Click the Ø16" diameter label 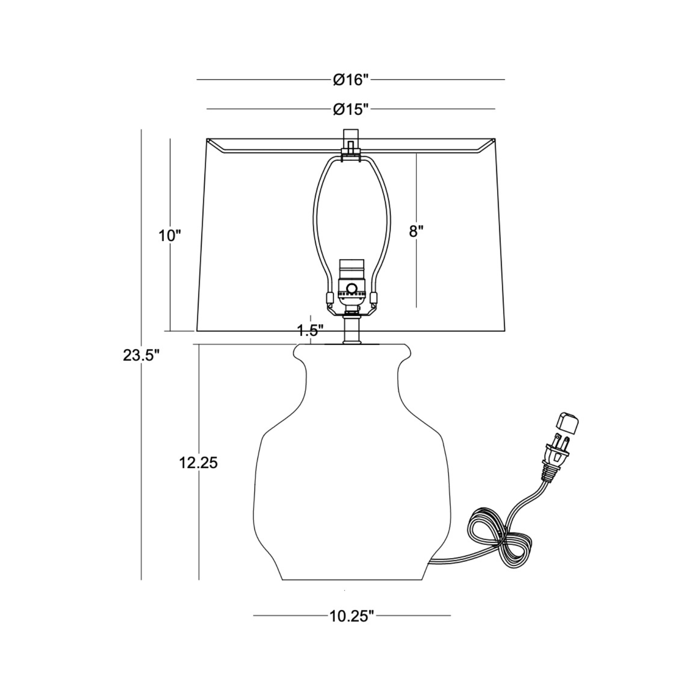coord(351,80)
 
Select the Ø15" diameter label coord(351,109)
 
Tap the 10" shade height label coord(169,236)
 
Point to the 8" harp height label coord(416,231)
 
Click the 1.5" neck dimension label coord(311,331)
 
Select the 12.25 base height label coord(198,463)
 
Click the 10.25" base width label coord(351,616)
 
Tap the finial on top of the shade coord(351,140)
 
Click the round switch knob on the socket coord(351,288)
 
